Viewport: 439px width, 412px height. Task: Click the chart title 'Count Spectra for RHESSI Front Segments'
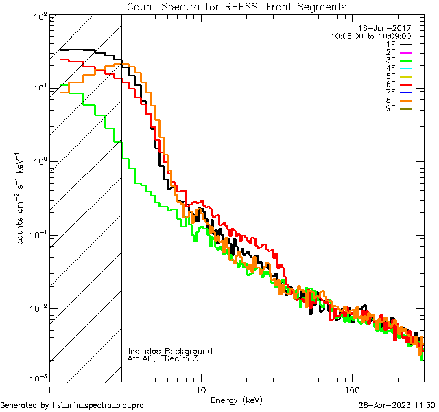[x=237, y=6]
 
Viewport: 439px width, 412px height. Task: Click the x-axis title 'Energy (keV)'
[x=235, y=400]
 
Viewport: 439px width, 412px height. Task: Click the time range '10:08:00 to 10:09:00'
[x=370, y=36]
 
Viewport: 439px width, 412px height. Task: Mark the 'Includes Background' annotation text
[x=170, y=351]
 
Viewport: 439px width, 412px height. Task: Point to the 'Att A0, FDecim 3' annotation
[x=163, y=358]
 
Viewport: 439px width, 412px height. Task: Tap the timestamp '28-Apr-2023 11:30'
[x=397, y=406]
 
